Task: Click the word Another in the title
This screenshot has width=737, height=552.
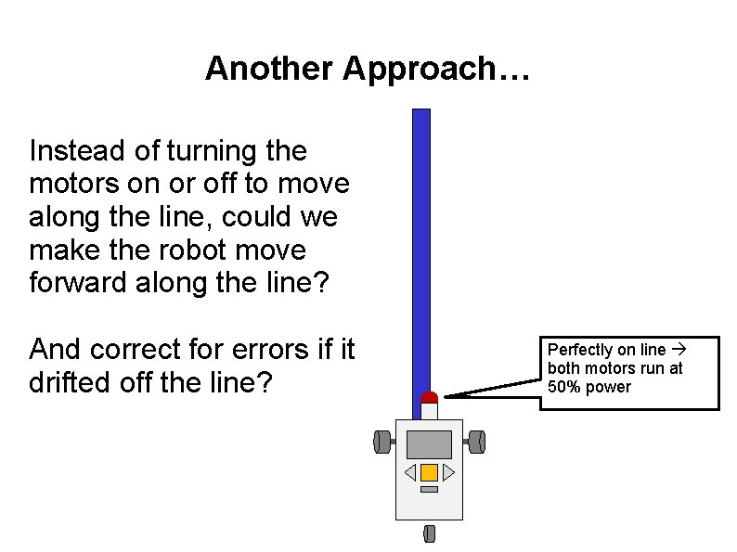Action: pyautogui.click(x=269, y=68)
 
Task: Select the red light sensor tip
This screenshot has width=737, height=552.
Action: pyautogui.click(x=429, y=397)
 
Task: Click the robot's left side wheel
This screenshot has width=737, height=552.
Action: pyautogui.click(x=381, y=442)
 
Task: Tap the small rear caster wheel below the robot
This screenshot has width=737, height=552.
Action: pyautogui.click(x=429, y=533)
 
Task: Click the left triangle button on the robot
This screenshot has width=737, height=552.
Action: pyautogui.click(x=409, y=473)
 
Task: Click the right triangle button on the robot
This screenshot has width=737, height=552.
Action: pyautogui.click(x=448, y=473)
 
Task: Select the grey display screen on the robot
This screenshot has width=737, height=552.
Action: pyautogui.click(x=429, y=443)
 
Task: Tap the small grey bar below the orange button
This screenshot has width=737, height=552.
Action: pyautogui.click(x=429, y=489)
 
